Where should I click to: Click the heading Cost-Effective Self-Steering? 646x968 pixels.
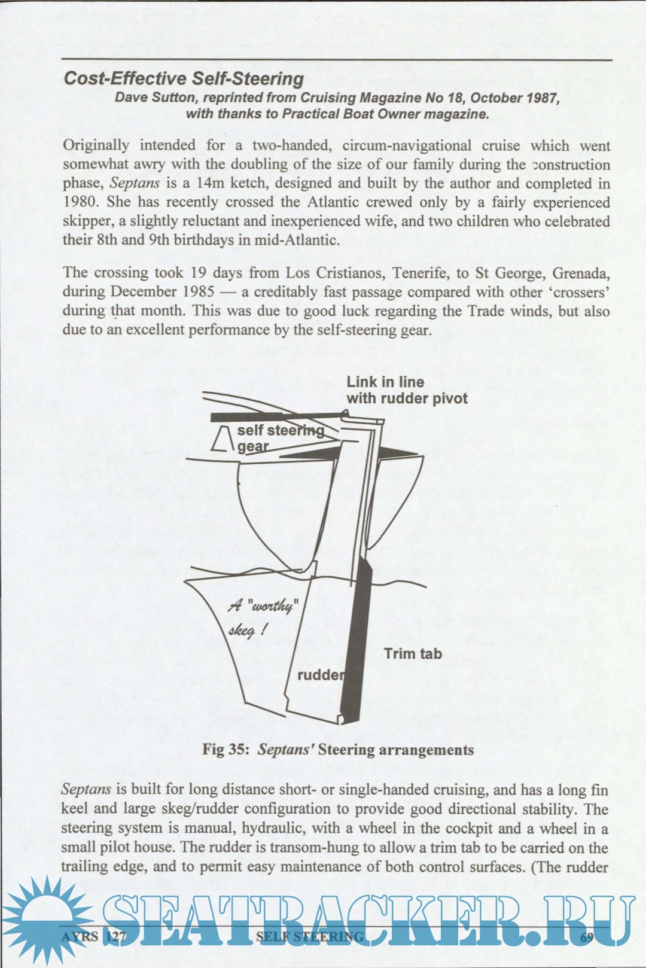[184, 79]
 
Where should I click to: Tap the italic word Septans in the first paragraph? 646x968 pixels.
[135, 184]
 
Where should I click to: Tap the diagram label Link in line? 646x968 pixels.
[385, 382]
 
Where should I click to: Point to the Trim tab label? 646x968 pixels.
[413, 653]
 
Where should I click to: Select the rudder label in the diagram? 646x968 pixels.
[321, 675]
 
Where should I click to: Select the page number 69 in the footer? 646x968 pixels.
[587, 936]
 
